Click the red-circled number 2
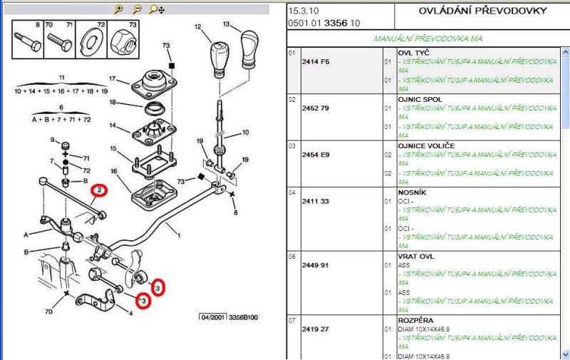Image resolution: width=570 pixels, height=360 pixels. pos(100,190)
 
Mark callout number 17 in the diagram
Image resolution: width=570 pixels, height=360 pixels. pos(113,78)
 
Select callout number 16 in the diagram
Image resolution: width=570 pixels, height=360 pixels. pos(112,171)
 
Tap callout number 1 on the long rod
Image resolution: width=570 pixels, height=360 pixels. pos(179,236)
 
